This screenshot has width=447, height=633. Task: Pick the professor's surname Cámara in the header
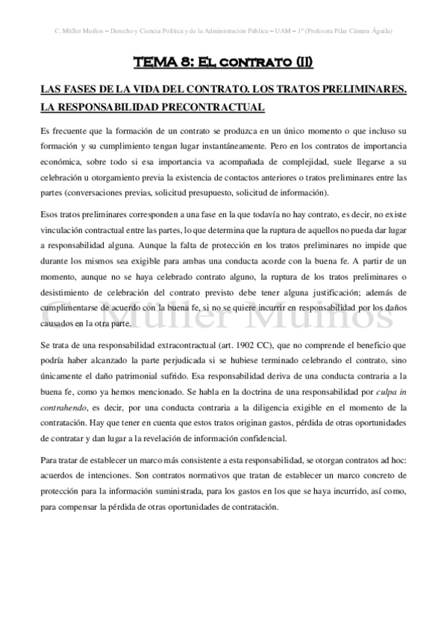pyautogui.click(x=355, y=31)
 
